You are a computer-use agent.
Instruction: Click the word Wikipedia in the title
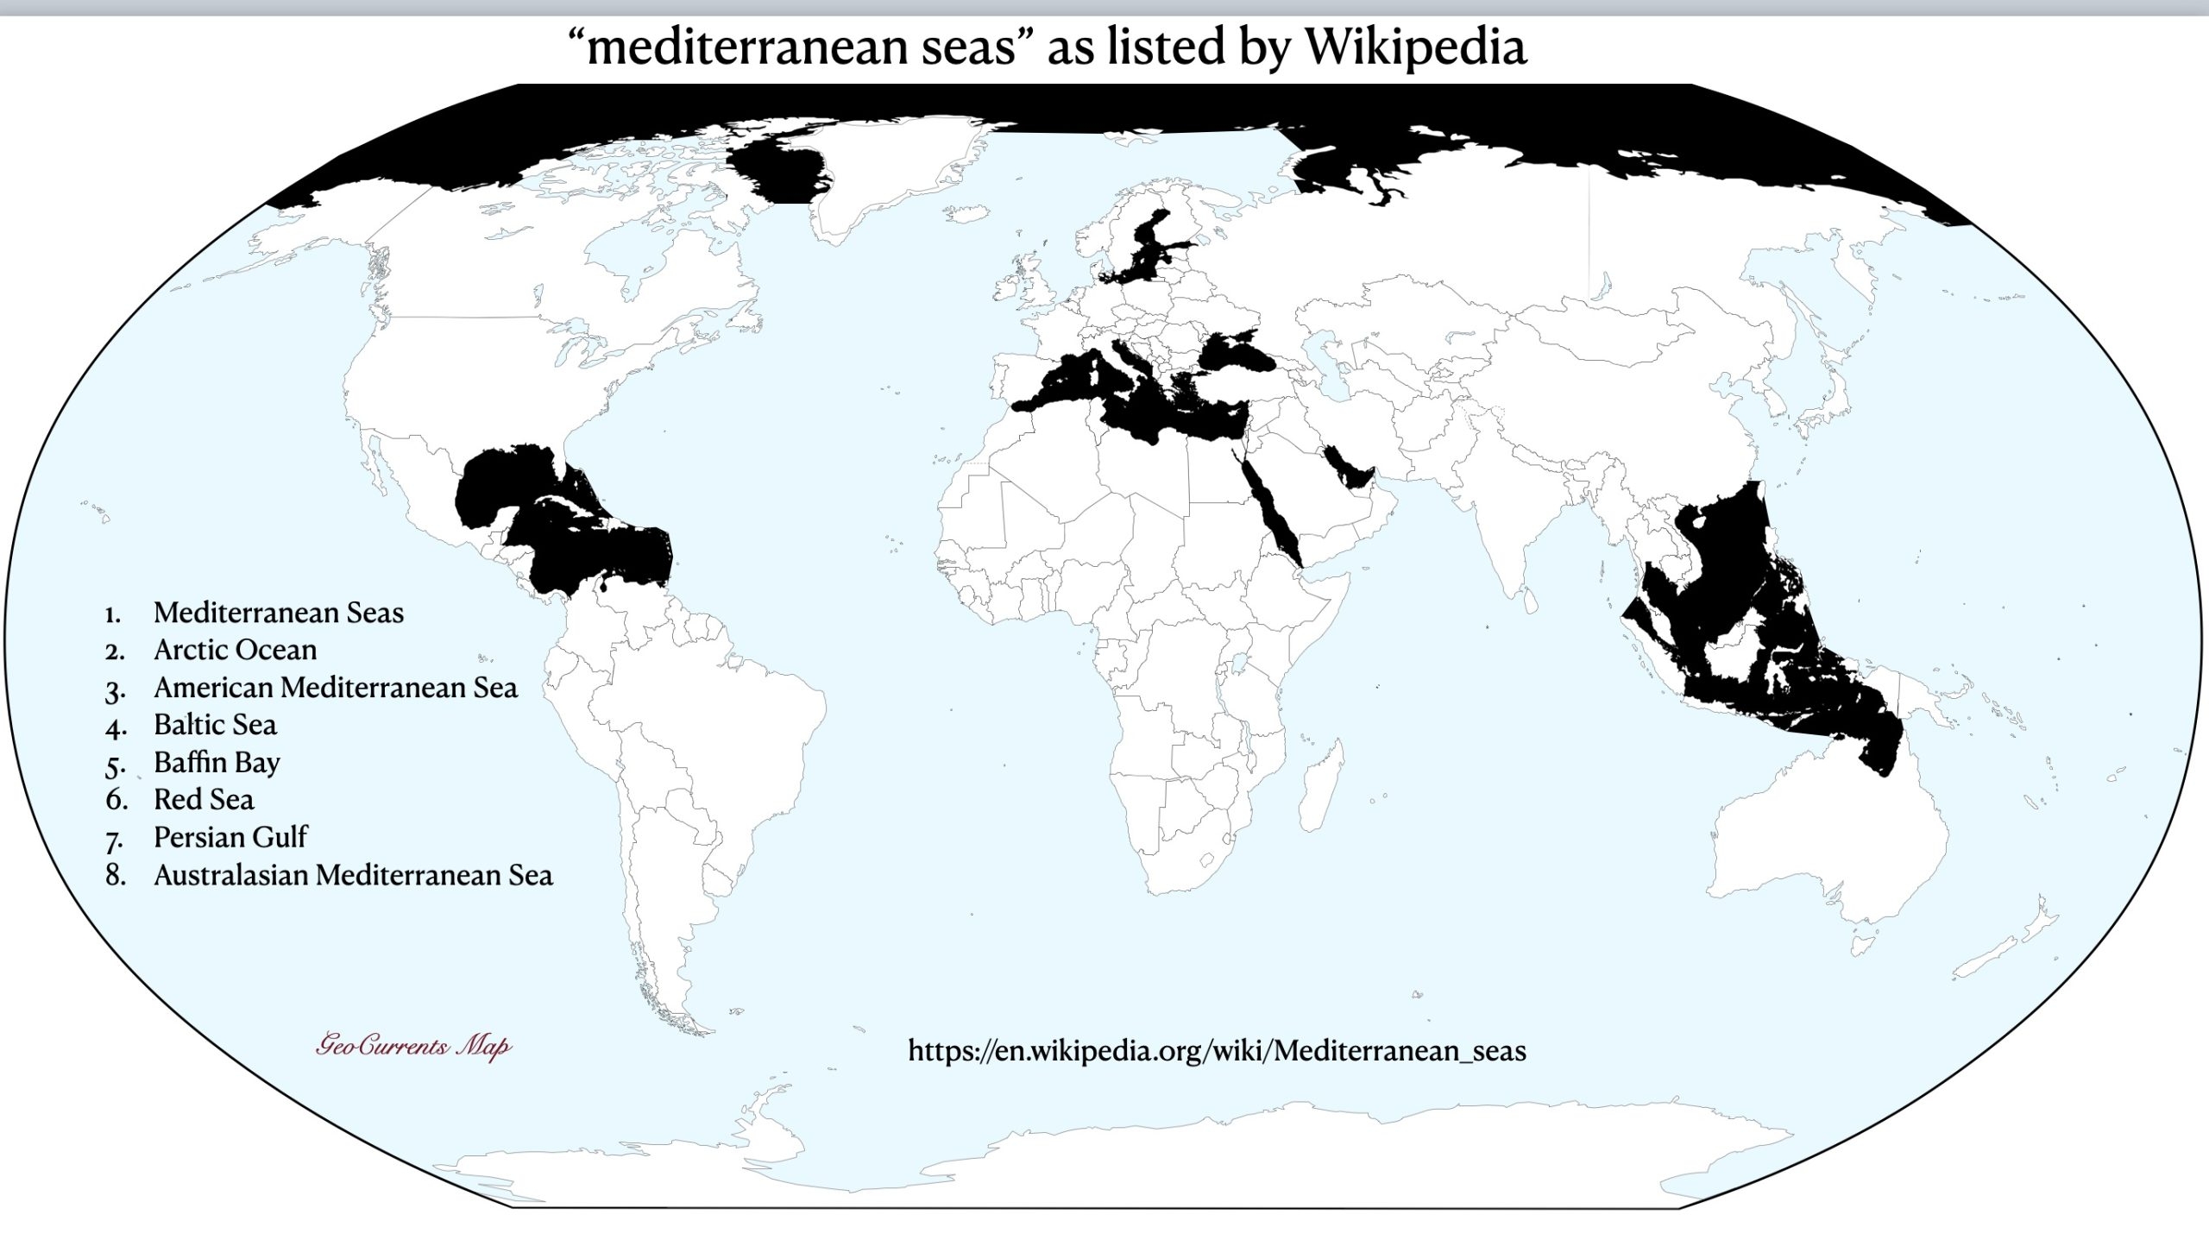pos(1415,47)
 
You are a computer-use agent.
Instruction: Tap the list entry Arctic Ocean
pos(235,650)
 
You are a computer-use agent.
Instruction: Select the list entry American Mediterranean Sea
pos(336,688)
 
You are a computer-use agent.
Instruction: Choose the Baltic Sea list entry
pos(215,725)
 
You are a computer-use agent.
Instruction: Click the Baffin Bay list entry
pos(217,763)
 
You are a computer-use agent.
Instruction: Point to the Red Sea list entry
pos(204,800)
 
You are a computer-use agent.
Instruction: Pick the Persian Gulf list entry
pos(230,837)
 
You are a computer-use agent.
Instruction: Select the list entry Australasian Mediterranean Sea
pos(353,875)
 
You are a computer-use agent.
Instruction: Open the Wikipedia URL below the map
pos(1217,1051)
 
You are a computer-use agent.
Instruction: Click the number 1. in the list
pos(112,614)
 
